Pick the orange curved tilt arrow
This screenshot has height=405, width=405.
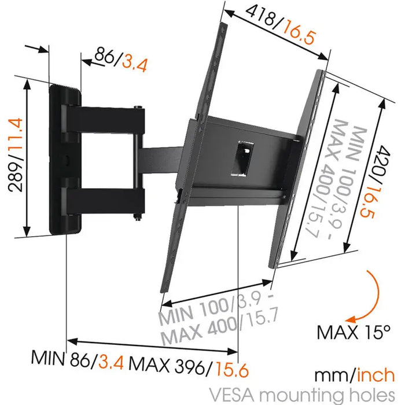tap(367, 295)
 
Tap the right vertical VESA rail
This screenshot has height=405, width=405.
tap(304, 168)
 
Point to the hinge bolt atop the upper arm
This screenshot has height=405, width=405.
tap(138, 107)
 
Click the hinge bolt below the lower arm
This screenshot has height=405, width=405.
tap(137, 218)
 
